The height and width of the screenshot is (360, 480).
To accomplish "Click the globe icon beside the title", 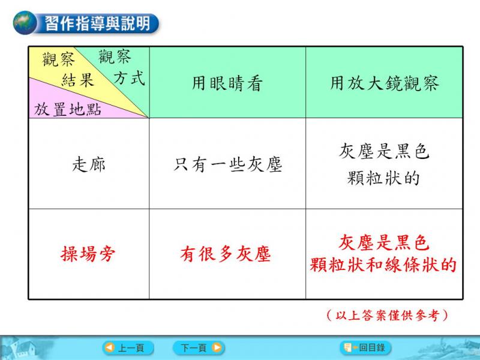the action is click(x=25, y=23).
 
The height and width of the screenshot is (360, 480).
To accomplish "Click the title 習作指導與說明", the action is click(x=98, y=23).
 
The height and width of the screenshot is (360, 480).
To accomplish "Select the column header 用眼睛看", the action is click(x=227, y=83).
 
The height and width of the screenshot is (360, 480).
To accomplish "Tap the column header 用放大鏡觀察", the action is click(x=385, y=83).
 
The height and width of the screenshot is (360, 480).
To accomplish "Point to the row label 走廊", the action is click(x=89, y=164).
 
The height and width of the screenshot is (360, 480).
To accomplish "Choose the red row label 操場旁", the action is click(x=88, y=254).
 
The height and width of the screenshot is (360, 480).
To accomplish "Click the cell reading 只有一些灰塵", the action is click(x=227, y=164).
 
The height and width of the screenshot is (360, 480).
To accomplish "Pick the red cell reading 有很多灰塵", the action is click(x=226, y=254).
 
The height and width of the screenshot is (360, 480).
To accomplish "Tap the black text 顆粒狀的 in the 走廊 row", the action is click(x=383, y=178).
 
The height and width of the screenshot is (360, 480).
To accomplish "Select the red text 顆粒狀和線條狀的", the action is click(x=383, y=265).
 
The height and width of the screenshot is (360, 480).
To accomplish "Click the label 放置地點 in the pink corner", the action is click(x=68, y=109).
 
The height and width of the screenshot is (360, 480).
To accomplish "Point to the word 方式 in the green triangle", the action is click(x=129, y=78).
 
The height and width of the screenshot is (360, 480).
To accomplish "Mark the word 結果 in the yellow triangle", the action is click(x=78, y=80).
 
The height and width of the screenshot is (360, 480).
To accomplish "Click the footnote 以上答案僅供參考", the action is click(x=387, y=315).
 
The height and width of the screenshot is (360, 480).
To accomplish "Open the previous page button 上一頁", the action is click(x=128, y=348).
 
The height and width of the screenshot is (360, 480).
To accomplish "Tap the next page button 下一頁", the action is click(x=199, y=348).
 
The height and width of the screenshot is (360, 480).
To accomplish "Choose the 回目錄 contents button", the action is click(x=365, y=348).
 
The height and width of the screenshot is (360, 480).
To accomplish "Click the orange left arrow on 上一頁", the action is click(x=110, y=348).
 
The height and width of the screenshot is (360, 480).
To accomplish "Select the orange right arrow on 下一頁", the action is click(x=217, y=348).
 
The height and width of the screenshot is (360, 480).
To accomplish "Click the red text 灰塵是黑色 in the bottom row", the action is click(x=383, y=242).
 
